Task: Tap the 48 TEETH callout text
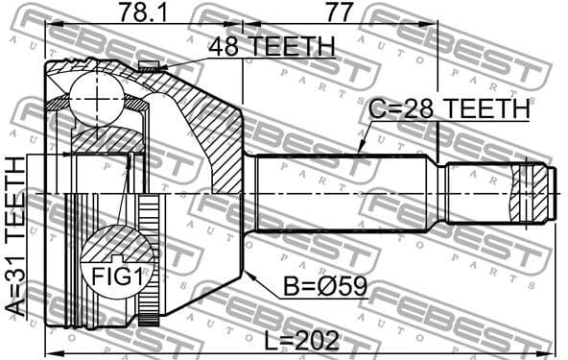[x=272, y=45]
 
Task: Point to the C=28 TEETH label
[x=449, y=110]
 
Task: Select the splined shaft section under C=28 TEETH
[x=345, y=192]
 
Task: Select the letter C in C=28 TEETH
[x=376, y=110]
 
